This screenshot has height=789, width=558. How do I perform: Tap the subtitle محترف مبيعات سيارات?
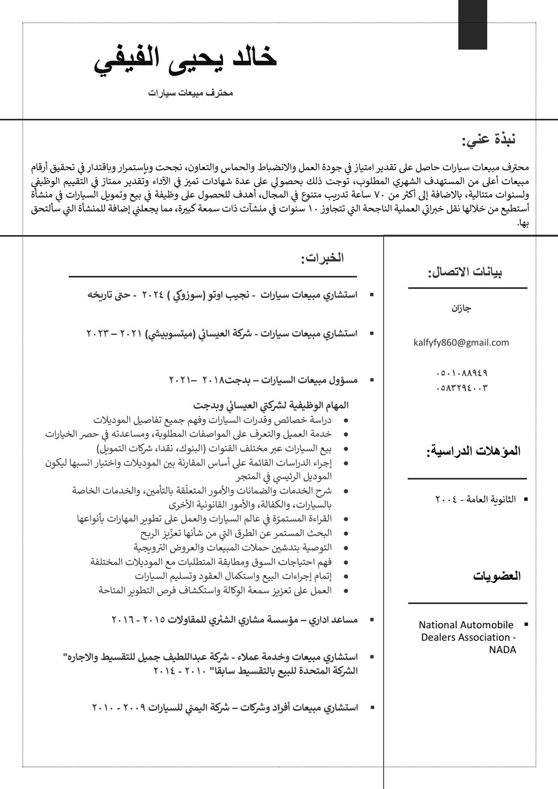191,93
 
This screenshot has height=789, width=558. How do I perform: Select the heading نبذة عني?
489,140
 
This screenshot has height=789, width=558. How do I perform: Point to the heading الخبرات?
322,258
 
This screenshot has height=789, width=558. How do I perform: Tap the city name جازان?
461,308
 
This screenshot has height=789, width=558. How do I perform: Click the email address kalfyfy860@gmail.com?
461,342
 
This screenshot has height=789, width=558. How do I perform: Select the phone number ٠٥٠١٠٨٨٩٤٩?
462,373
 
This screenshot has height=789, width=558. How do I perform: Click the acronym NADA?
502,649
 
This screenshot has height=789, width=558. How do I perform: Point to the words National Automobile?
466,625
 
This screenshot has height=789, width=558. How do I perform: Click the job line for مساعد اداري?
234,619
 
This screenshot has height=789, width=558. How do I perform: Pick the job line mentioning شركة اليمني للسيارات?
224,707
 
